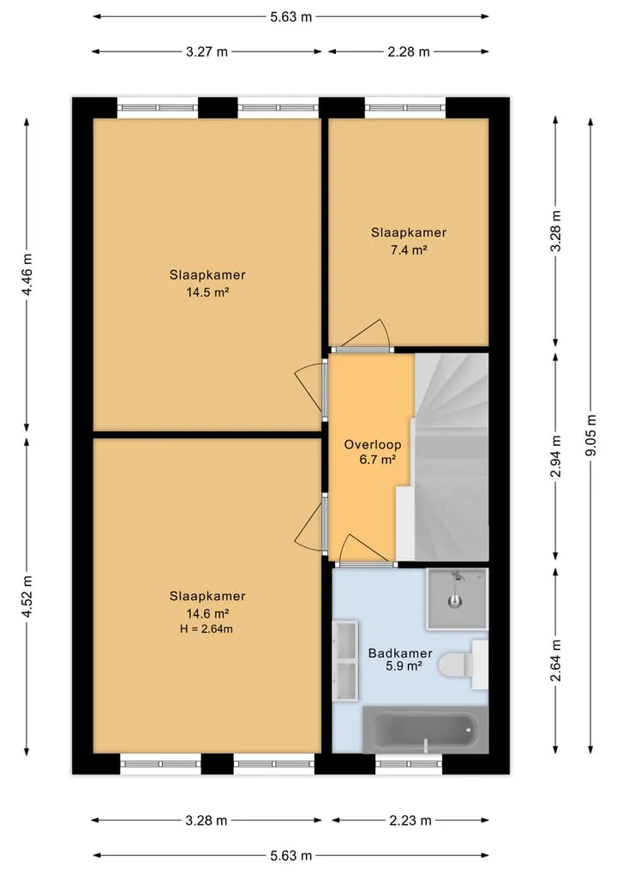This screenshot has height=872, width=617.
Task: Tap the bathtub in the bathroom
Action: pos(425,729)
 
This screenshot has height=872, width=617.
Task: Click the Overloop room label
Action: pos(373,444)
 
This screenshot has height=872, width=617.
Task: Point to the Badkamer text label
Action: pos(400,652)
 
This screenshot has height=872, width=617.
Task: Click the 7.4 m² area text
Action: pos(409,250)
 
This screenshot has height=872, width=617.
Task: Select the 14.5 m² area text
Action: pos(207,292)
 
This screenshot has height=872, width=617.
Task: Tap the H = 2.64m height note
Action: pos(207,629)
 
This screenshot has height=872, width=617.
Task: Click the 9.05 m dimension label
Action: pos(591,436)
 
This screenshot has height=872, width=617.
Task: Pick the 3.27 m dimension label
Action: pos(207,51)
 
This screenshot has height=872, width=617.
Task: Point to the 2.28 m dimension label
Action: pos(409,51)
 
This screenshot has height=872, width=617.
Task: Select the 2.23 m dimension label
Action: pos(410,821)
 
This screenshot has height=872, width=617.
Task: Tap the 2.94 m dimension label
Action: pos(556,456)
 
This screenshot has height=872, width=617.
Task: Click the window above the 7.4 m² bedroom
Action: pos(405,108)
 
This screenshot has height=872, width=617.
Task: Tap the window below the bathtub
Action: pos(409,764)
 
